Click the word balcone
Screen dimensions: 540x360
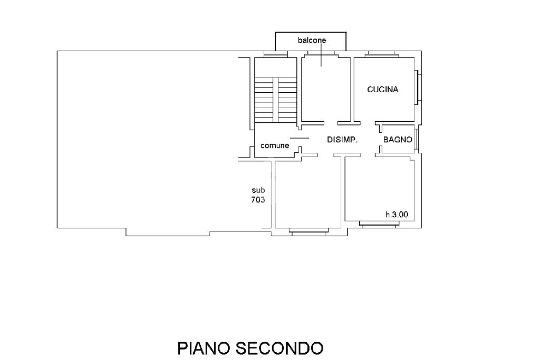click(x=311, y=40)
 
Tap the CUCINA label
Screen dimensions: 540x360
click(x=382, y=90)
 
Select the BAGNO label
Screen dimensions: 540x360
click(x=397, y=140)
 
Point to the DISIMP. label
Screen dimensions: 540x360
click(x=343, y=140)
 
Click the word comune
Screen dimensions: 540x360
click(x=275, y=146)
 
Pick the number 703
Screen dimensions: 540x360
click(x=258, y=200)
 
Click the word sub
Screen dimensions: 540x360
click(x=258, y=190)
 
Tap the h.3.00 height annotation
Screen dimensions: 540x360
click(x=400, y=215)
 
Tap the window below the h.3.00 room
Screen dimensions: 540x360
click(x=380, y=224)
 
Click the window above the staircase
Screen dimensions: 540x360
click(x=275, y=54)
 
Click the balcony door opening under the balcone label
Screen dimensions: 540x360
click(x=321, y=54)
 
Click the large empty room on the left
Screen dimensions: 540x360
click(x=148, y=140)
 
